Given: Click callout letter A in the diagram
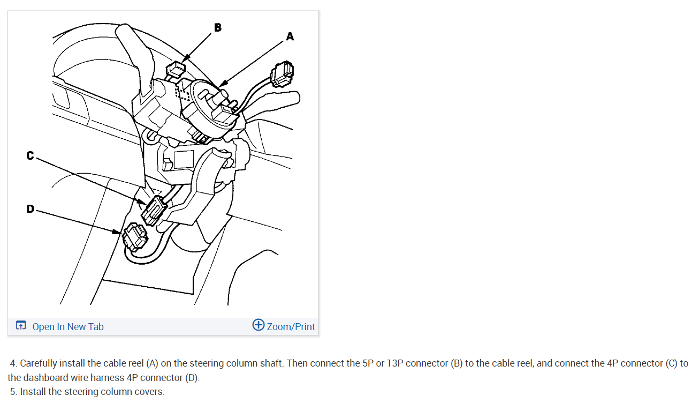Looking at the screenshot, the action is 290,36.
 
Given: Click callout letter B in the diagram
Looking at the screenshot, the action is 218,27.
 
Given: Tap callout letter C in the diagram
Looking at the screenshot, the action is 30,155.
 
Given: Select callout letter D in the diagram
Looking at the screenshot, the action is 31,209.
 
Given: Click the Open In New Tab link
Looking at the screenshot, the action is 68,326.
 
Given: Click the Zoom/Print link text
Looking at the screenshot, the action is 291,326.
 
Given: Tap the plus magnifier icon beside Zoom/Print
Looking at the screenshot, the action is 258,325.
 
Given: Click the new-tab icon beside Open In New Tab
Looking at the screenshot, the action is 21,325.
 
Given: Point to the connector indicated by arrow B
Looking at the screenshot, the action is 176,69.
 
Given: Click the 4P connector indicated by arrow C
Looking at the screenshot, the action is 154,211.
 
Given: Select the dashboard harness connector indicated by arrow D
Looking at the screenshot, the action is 135,237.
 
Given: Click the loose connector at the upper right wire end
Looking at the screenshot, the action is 282,74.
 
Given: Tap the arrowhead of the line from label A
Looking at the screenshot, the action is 223,83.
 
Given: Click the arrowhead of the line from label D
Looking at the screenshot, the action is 117,232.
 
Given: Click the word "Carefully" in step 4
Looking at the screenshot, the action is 39,363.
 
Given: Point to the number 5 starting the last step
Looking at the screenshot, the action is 13,392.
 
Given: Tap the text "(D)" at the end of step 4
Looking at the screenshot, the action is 191,378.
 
